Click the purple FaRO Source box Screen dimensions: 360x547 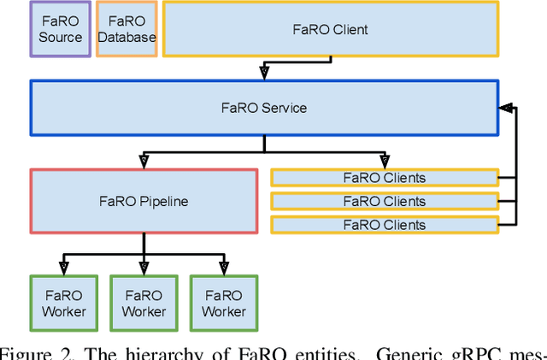tap(61, 29)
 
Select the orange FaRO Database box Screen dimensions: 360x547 tap(126, 29)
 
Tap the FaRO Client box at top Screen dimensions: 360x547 tap(330, 29)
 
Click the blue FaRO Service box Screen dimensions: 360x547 tap(264, 108)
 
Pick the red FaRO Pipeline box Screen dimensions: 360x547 tap(144, 201)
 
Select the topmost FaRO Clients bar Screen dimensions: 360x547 tap(384, 178)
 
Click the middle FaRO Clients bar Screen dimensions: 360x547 tap(384, 202)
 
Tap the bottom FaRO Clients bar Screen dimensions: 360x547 tap(384, 225)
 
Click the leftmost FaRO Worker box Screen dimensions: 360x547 tap(64, 303)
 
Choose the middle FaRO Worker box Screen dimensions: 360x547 tap(144, 303)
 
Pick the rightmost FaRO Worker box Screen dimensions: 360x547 tap(224, 303)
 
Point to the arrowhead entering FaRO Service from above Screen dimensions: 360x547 tap(264, 74)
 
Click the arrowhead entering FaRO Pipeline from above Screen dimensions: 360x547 tap(144, 161)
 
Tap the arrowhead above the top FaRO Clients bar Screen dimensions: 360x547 tap(385, 161)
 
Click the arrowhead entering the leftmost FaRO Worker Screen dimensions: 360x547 tap(64, 268)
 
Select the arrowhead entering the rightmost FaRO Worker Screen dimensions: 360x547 tap(224, 268)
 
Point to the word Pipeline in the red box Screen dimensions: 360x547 tap(162, 201)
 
